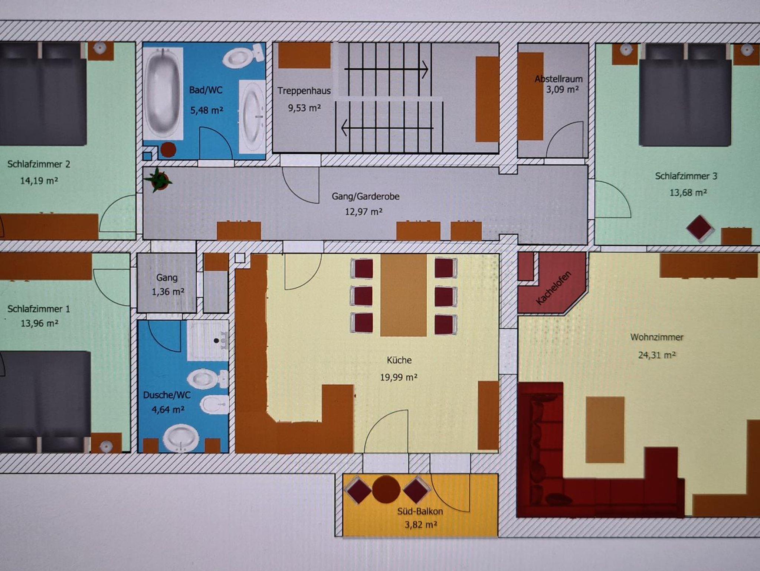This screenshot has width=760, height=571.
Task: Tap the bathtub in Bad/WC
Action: [163, 94]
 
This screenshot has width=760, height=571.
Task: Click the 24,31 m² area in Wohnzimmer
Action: [656, 355]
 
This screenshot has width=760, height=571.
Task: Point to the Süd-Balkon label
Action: [420, 511]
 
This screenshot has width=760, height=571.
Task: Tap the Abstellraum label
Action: [558, 79]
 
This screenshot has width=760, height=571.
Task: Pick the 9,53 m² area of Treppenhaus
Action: [304, 108]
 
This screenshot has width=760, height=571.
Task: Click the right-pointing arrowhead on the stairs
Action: [425, 69]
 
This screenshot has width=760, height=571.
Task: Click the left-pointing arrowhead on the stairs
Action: [344, 128]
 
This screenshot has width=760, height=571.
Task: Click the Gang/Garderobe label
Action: [366, 196]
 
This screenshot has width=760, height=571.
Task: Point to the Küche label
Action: [399, 360]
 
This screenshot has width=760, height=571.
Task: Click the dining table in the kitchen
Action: [404, 295]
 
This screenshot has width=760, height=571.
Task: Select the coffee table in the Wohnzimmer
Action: [605, 430]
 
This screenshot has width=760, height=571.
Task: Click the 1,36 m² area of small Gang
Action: [168, 292]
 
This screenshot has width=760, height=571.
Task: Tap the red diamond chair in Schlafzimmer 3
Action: [700, 228]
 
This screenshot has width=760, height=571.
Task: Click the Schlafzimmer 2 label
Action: [39, 164]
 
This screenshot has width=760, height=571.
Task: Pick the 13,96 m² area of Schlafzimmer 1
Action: [39, 323]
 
